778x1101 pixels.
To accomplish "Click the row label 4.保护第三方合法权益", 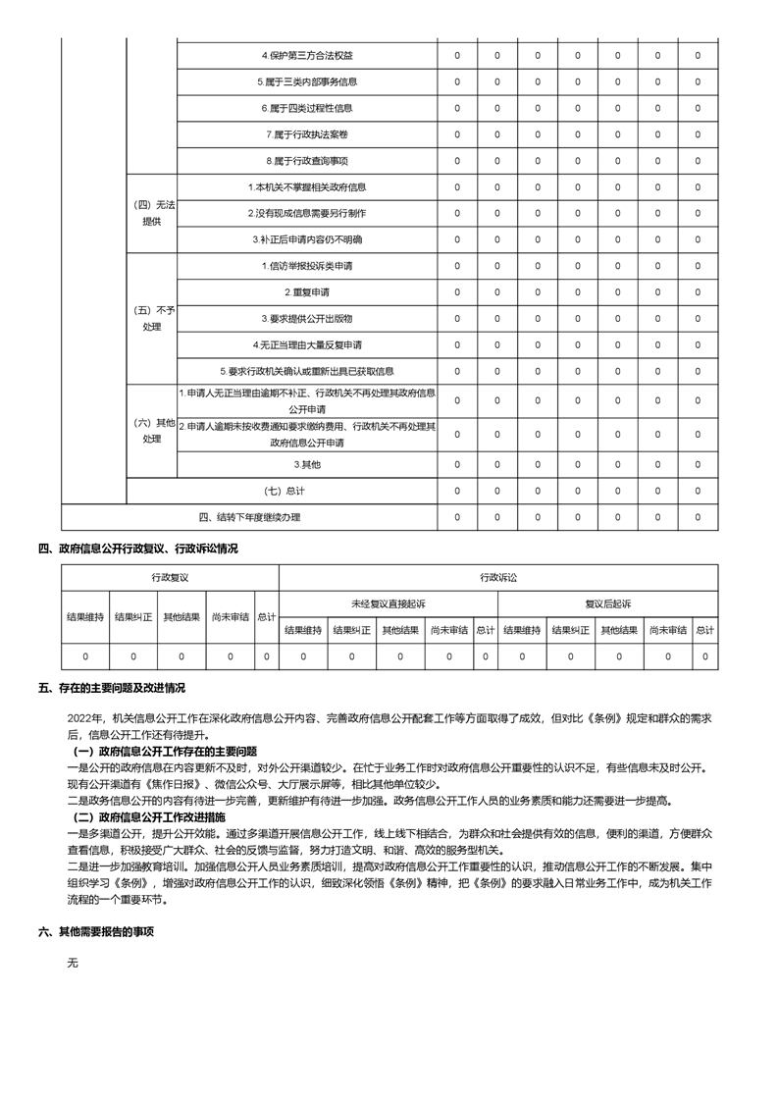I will pyautogui.click(x=307, y=55).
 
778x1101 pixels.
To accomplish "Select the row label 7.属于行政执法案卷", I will pyautogui.click(x=307, y=134).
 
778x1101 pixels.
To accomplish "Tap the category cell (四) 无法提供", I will pyautogui.click(x=152, y=213).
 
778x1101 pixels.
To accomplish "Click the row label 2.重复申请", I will pyautogui.click(x=307, y=292).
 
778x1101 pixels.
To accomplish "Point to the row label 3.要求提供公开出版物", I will pyautogui.click(x=307, y=319).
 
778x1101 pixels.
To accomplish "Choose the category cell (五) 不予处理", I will pyautogui.click(x=152, y=319).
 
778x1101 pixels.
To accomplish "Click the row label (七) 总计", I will pyautogui.click(x=285, y=490).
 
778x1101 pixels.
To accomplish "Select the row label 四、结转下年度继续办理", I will pyautogui.click(x=250, y=517).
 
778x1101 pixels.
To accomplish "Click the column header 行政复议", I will pyautogui.click(x=170, y=578).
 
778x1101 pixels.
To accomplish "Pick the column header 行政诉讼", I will pyautogui.click(x=497, y=578).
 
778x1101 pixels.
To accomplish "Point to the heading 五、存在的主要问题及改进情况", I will pyautogui.click(x=112, y=688).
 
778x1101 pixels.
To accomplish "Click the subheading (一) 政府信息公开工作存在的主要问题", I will pyautogui.click(x=166, y=752).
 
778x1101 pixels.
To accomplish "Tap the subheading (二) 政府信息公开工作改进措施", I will pyautogui.click(x=150, y=816).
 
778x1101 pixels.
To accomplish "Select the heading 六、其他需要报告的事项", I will pyautogui.click(x=96, y=932).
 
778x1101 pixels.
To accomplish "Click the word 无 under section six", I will pyautogui.click(x=72, y=964).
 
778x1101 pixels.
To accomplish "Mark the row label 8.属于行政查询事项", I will pyautogui.click(x=307, y=161).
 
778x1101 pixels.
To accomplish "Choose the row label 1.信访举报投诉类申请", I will pyautogui.click(x=307, y=266).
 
